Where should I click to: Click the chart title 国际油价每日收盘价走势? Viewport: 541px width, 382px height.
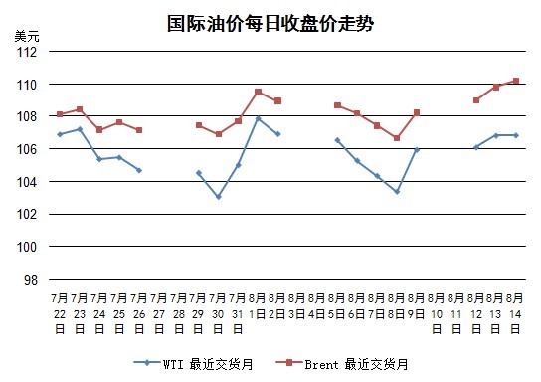(x=270, y=24)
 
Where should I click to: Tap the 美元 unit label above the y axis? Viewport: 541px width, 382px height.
(x=27, y=36)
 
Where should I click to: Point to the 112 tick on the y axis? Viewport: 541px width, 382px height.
(x=27, y=52)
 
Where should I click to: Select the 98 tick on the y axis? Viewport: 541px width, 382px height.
(x=31, y=280)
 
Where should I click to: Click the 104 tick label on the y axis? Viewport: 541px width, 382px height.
(x=27, y=181)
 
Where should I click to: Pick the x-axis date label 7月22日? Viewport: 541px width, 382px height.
(x=60, y=313)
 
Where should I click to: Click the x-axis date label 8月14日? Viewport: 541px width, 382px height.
(x=515, y=313)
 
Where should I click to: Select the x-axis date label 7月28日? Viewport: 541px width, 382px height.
(x=179, y=313)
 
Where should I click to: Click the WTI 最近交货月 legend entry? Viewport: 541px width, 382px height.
(x=193, y=364)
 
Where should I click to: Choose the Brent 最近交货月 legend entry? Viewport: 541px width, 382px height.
(x=342, y=364)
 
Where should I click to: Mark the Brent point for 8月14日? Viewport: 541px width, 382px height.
(x=516, y=81)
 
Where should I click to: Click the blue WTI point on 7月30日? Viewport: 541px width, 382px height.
(x=219, y=197)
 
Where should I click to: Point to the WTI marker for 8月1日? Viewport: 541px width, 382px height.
(x=259, y=118)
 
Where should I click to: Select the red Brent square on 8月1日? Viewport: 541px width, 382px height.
(x=259, y=92)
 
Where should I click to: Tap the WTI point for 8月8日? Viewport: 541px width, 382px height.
(x=397, y=192)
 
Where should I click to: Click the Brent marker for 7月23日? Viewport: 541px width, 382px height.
(x=80, y=109)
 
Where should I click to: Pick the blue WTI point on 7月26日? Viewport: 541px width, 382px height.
(x=139, y=170)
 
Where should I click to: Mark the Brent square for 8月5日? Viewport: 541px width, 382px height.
(x=338, y=105)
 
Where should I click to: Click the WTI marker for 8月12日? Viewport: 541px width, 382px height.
(x=476, y=147)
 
